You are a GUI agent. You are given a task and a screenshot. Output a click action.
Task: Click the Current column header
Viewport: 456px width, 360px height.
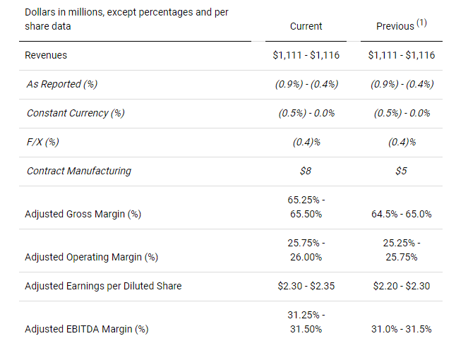point(306,26)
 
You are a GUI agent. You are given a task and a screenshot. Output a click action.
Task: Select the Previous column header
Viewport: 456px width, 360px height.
point(395,26)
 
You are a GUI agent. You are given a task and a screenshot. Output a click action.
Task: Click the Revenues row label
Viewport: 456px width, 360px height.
point(47,55)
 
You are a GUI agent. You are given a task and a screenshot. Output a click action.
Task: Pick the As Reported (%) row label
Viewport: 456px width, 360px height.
point(61,84)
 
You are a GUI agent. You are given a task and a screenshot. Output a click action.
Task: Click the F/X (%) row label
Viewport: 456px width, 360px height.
point(42,142)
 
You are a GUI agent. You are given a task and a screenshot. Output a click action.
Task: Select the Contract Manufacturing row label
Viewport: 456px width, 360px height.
point(78,171)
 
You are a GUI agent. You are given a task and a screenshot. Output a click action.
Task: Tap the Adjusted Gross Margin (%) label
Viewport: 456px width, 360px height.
point(83,214)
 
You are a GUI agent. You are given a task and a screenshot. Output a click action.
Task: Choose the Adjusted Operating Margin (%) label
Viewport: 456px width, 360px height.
point(91,257)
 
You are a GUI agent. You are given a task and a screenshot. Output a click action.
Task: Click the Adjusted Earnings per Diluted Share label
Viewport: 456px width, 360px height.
point(103,286)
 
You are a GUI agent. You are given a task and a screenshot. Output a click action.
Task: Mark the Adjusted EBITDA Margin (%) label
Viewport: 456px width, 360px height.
point(87,329)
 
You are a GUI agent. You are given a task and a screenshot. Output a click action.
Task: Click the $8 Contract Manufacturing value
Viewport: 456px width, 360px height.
point(306,171)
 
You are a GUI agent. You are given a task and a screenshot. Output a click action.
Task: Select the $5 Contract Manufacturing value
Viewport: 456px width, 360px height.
point(402,171)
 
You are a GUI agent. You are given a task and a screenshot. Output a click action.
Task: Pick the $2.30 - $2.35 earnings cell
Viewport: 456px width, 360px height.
point(306,286)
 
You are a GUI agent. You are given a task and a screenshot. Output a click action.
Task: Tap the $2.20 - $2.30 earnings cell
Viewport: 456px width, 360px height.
point(402,286)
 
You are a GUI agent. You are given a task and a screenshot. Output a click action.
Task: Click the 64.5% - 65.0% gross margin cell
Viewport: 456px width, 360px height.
point(402,214)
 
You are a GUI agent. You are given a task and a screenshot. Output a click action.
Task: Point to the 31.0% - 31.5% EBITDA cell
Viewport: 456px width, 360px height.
point(402,329)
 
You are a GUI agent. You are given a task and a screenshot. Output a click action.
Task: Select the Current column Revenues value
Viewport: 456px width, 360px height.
point(306,55)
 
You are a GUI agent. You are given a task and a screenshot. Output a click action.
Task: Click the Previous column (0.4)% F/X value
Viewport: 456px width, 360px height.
point(402,142)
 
